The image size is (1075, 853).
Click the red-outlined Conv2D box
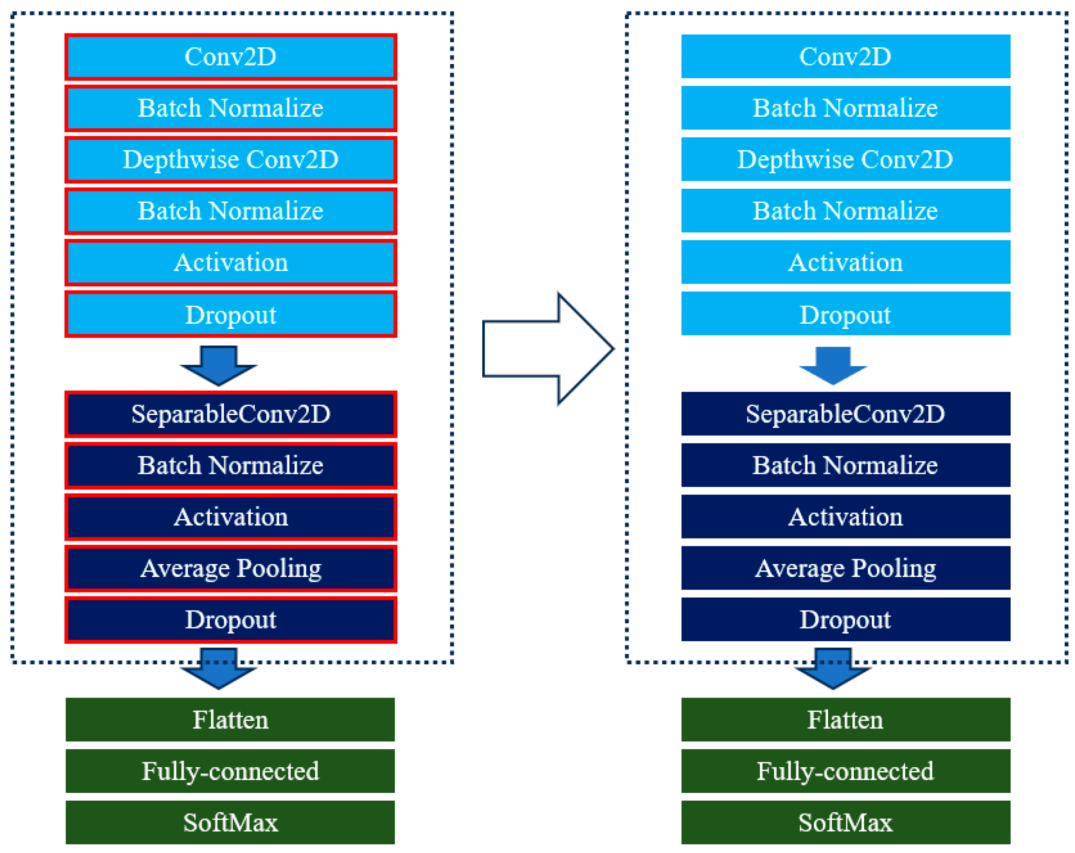coord(230,57)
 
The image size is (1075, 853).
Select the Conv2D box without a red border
coord(846,56)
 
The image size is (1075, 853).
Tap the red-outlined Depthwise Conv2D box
coord(230,159)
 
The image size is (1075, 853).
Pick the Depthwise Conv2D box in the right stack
coord(846,159)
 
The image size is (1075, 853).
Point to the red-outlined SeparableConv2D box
coord(230,414)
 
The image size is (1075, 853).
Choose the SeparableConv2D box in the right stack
coord(846,413)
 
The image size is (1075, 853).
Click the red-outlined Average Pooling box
coord(230,568)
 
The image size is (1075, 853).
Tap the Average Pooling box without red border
coord(846,568)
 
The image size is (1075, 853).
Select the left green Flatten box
coord(230,719)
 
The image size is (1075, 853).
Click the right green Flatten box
coord(846,719)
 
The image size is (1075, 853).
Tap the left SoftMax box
coord(230,822)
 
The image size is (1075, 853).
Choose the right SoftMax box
coord(846,822)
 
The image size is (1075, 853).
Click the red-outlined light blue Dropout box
coord(230,314)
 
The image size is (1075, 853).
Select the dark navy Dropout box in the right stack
coord(846,619)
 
